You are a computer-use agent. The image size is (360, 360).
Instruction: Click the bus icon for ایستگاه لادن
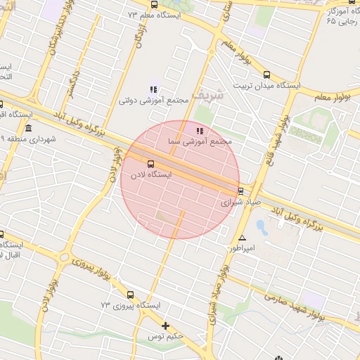coord(149,164)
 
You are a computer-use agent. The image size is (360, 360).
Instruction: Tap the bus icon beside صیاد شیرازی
coord(240,191)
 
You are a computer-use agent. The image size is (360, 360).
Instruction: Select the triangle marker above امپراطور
coord(243,238)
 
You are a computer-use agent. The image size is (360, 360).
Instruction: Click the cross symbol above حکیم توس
coord(166,326)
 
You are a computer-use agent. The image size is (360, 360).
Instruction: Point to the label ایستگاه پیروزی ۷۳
coord(131,305)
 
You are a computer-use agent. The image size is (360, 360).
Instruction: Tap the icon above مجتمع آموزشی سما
coord(200,130)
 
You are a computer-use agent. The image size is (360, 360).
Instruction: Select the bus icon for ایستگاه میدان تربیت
coord(266,75)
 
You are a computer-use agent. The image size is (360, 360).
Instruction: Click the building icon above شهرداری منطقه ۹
coord(28,128)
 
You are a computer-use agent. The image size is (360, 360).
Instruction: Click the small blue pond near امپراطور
coord(262,227)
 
